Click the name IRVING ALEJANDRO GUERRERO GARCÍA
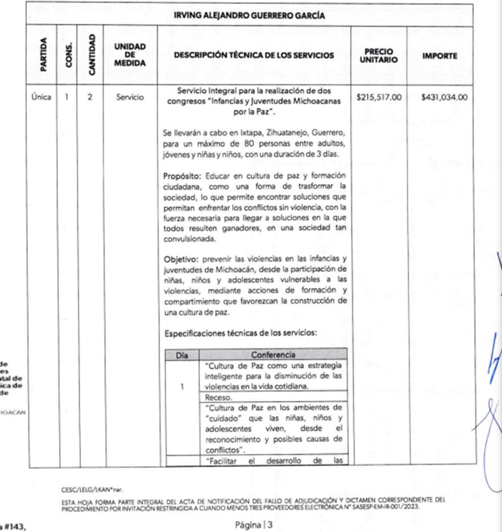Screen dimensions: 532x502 (x=249, y=16)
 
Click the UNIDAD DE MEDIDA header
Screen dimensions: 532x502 (x=130, y=56)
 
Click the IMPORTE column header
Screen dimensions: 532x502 (x=440, y=56)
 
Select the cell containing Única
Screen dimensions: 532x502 (x=41, y=97)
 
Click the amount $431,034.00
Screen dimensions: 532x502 (x=445, y=97)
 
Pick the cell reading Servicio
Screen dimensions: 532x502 (x=130, y=97)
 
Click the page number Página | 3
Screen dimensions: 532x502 (x=254, y=525)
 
